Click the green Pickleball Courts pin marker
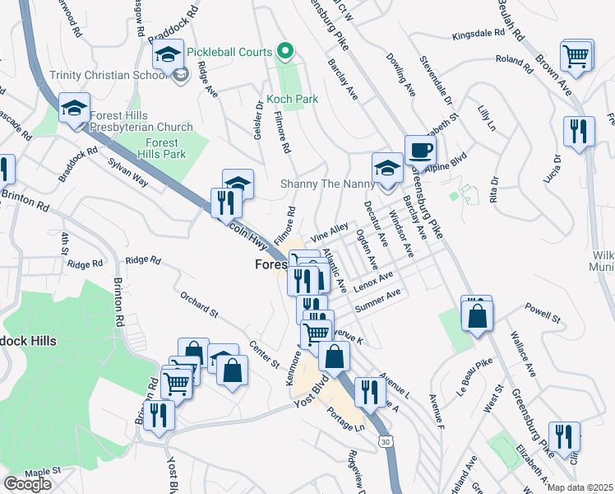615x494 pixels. [x=285, y=51]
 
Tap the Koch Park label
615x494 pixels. [x=293, y=99]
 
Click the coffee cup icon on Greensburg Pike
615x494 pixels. [x=420, y=150]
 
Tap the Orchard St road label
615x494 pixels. [x=198, y=302]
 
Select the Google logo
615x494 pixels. [x=27, y=484]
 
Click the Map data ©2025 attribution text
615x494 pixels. [x=580, y=487]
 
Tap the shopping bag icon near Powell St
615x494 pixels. [x=477, y=315]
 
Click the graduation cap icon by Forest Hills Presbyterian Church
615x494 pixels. [x=74, y=109]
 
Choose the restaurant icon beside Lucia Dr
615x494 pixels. [x=579, y=131]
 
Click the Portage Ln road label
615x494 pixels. [x=345, y=420]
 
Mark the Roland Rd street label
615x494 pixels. [x=515, y=59]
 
